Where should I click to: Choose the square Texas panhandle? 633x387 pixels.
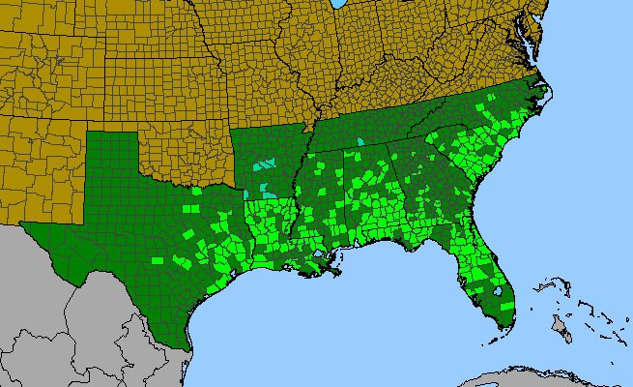[x=114, y=159]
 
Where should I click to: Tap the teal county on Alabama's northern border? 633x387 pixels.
[x=360, y=142]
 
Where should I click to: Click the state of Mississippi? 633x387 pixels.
[x=314, y=193]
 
